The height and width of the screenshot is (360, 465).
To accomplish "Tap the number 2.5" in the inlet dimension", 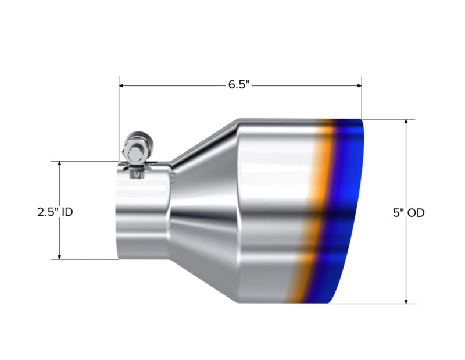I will click(48, 212).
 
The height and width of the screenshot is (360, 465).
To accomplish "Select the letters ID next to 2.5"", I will click(67, 212).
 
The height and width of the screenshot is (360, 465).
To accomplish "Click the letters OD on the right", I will click(416, 213).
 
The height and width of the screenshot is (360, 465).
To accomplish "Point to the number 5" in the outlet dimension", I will click(398, 213).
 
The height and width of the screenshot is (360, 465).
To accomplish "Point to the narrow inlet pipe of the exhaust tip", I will click(142, 215).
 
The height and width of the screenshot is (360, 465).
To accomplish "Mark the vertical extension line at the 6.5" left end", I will click(119, 116).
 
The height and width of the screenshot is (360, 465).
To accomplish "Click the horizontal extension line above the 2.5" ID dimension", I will click(87, 161).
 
